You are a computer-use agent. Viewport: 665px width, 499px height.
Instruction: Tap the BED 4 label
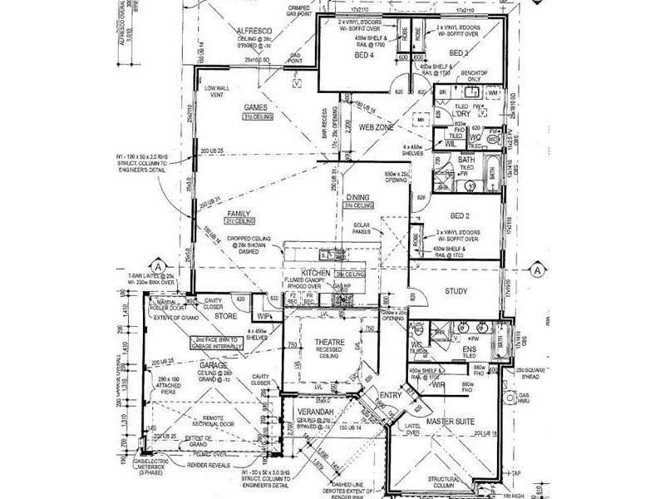(x=363, y=55)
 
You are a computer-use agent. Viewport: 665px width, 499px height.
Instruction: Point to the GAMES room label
(x=254, y=108)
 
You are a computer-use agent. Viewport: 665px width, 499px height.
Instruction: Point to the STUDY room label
(x=456, y=291)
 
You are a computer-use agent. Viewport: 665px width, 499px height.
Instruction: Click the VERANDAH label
(x=316, y=413)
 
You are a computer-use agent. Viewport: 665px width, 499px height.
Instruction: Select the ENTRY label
(x=389, y=395)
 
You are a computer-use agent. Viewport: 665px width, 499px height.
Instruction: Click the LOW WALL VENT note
(x=217, y=91)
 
